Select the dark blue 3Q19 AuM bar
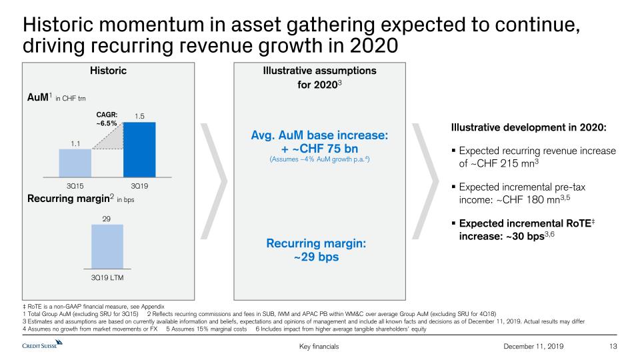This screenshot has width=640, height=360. click(139, 150)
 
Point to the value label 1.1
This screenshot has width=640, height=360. click(75, 142)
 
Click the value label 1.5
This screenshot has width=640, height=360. click(139, 116)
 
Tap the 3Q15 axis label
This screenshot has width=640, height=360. click(75, 184)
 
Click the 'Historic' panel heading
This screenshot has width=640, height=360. click(108, 71)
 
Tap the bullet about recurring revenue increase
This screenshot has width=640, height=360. click(533, 157)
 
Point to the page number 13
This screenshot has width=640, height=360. click(614, 346)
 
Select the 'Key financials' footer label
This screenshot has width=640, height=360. click(320, 346)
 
